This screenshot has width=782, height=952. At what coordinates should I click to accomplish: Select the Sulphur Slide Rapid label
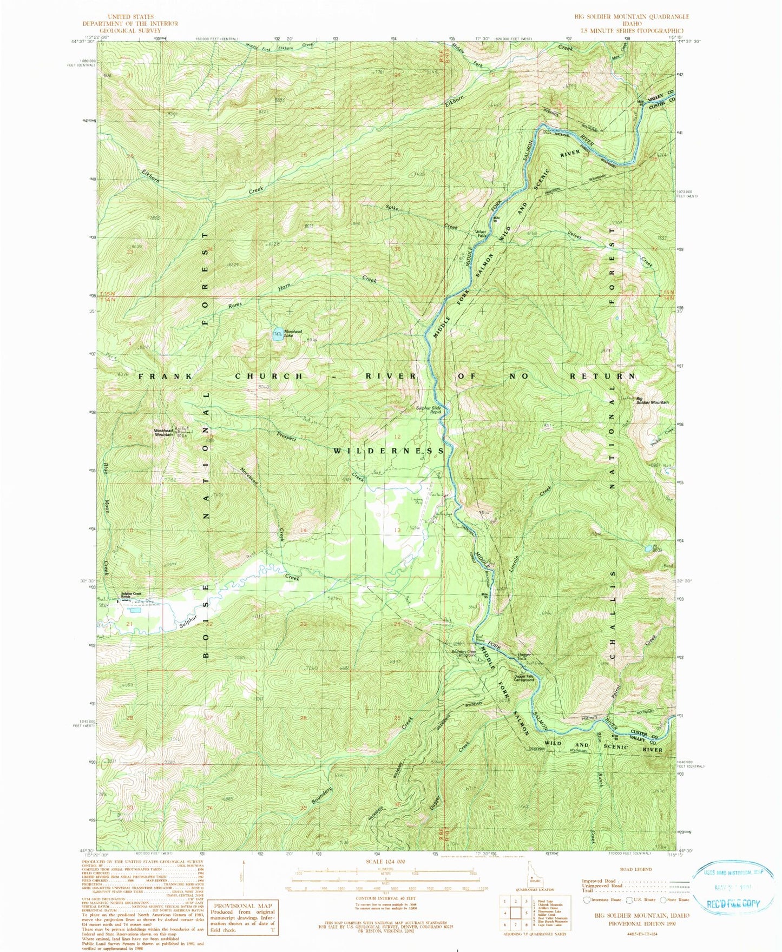[x=429, y=409]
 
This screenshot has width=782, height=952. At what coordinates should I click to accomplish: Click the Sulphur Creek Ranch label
[x=130, y=594]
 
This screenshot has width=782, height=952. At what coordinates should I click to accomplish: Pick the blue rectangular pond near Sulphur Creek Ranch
[x=135, y=610]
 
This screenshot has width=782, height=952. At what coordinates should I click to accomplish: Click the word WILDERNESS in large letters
[x=389, y=451]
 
